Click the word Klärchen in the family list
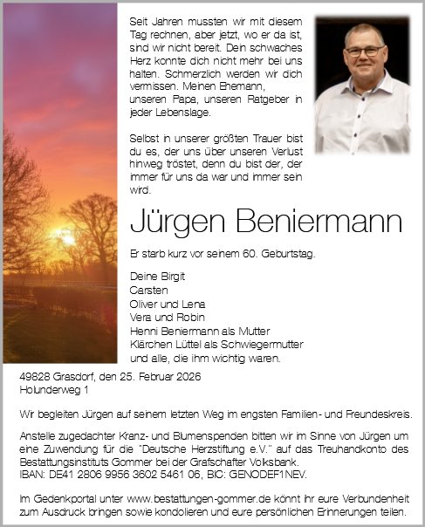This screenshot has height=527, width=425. [149, 344]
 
